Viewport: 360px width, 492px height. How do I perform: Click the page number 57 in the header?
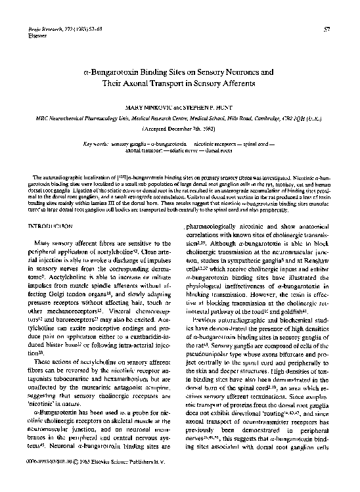pyautogui.click(x=344, y=30)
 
